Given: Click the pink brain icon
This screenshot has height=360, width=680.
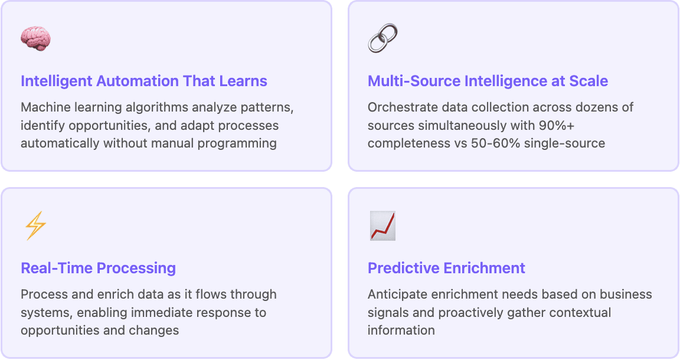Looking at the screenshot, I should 35,38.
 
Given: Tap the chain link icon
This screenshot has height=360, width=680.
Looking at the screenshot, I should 382,38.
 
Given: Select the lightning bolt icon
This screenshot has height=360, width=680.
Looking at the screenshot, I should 35,226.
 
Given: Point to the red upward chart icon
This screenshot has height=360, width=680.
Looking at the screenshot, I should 382,226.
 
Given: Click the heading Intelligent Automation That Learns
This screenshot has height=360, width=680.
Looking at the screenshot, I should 144,81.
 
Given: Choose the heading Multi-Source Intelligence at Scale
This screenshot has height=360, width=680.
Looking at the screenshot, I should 488,81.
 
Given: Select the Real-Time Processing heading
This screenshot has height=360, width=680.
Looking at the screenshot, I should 98,269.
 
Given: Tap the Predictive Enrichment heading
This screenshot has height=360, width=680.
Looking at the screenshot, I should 446,269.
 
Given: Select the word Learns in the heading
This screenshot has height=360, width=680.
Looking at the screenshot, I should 246,81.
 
